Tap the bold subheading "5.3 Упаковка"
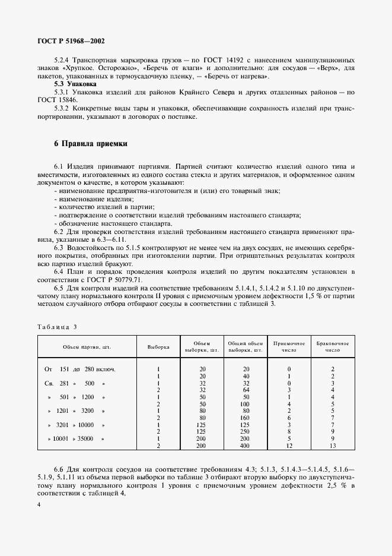pos(75,85)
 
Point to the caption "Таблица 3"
pos(58,327)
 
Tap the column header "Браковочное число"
pos(333,346)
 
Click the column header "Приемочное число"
pos(288,346)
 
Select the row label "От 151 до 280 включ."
pos(80,369)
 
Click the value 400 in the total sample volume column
pos(246,445)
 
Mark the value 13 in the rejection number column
pos(333,445)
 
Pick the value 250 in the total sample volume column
pos(246,431)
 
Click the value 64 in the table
pos(246,390)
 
